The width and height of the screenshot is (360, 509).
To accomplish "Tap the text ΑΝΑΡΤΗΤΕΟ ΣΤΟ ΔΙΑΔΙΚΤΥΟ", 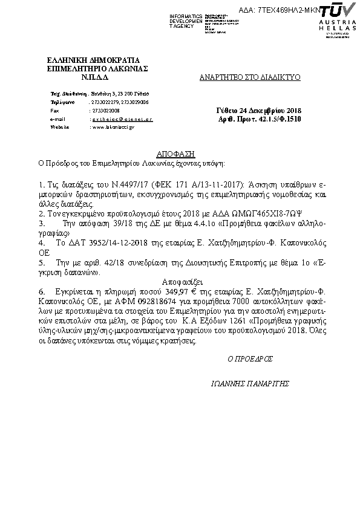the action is pos(250,78).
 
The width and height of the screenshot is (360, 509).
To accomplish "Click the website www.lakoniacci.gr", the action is pos(113,128).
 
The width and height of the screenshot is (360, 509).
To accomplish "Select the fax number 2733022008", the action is pos(105,111).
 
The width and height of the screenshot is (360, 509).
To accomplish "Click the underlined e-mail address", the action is pos(121,120).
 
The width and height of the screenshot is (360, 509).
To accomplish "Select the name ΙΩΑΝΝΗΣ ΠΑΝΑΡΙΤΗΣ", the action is pos(249,383).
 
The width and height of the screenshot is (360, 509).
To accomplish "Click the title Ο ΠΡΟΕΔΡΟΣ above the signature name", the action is pos(249,358).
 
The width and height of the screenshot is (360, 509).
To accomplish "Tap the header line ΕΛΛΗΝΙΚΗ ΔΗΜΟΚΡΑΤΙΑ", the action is pos(93,60).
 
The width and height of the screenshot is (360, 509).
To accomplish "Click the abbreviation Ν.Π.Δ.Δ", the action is pos(93,77).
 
